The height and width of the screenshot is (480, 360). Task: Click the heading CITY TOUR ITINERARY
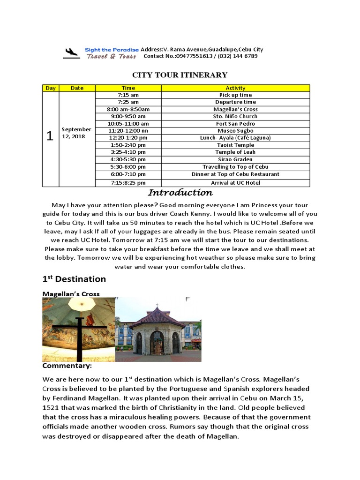tap(180, 75)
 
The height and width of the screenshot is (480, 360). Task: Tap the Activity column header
tap(235, 88)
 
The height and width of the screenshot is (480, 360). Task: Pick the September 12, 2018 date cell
tap(76, 132)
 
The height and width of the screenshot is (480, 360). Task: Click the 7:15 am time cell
tap(128, 95)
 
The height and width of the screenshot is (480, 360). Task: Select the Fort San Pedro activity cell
tap(235, 124)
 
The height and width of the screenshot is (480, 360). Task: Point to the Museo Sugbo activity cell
tap(235, 131)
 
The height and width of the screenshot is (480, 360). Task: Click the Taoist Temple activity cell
tap(235, 145)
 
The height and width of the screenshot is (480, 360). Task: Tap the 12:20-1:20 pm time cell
tap(128, 138)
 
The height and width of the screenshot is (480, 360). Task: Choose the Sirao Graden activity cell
tap(235, 159)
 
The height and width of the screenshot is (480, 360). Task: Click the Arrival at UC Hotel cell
tap(235, 183)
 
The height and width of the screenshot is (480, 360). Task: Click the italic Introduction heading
tap(180, 193)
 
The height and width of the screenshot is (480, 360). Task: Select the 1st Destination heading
tap(74, 279)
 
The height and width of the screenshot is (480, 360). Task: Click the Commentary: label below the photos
tap(67, 366)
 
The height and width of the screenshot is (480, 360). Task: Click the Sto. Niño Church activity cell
tap(235, 116)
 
